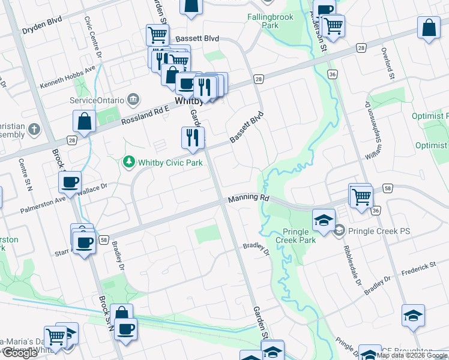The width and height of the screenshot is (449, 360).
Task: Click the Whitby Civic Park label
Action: tap(170, 162)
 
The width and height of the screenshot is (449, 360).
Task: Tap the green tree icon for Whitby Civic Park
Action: tap(128, 162)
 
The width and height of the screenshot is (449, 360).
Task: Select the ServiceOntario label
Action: tap(97, 100)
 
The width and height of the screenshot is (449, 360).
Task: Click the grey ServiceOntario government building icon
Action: tap(134, 99)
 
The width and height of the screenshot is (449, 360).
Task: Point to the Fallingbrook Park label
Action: tap(271, 22)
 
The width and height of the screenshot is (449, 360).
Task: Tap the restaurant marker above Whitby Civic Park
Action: tap(193, 137)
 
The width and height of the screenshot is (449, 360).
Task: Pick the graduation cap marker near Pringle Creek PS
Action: tap(324, 221)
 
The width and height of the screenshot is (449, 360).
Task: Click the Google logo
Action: tap(20, 353)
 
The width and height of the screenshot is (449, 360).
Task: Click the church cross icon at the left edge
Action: tap(34, 129)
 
